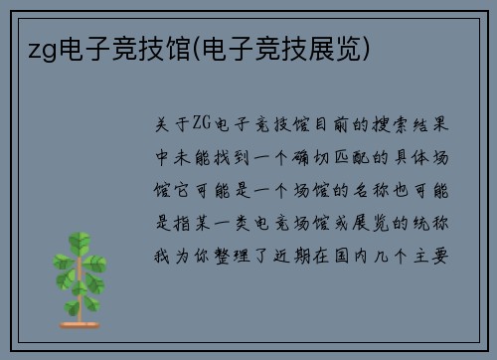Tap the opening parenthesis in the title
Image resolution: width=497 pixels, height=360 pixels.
(200, 48)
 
